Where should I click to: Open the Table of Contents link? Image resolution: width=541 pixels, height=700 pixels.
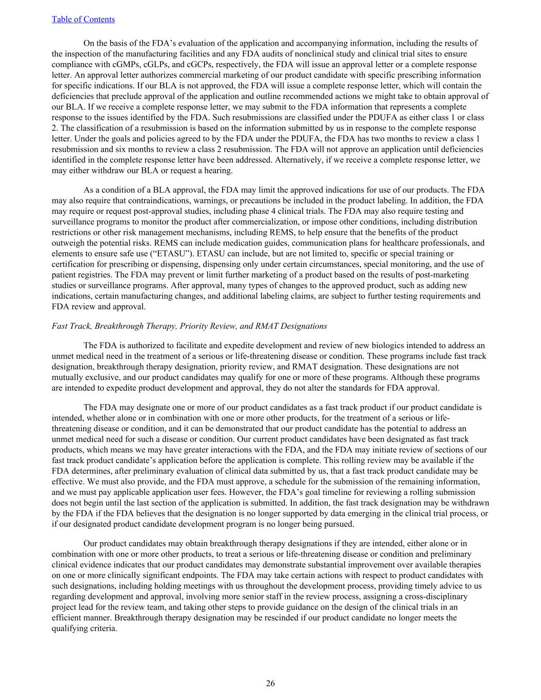click(83, 19)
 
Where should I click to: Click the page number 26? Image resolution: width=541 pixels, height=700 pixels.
click(270, 683)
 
